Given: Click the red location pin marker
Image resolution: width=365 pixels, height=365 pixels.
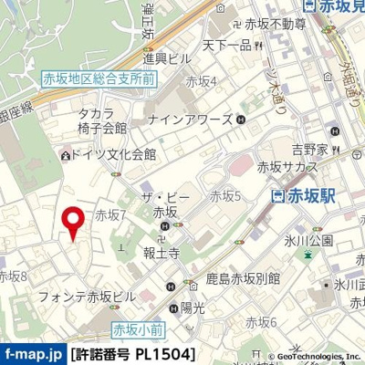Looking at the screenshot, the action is click(x=70, y=222).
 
